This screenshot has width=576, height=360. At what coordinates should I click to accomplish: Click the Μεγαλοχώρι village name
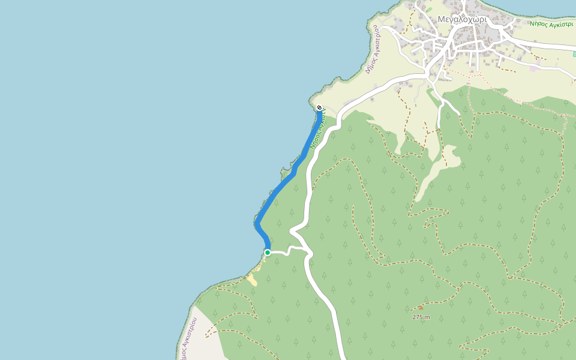click(x=461, y=19)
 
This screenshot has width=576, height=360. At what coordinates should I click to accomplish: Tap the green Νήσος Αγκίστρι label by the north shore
click(x=551, y=25)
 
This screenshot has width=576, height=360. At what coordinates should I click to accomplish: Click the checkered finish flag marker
click(x=319, y=108)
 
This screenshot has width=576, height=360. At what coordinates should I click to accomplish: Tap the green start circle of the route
click(x=268, y=253)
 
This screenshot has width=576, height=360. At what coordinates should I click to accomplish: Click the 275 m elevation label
click(x=421, y=317)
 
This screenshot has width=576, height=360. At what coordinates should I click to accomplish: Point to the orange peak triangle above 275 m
click(x=420, y=308)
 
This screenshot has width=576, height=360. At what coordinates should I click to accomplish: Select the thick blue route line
click(x=279, y=191)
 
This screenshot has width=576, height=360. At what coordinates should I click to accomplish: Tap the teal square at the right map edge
click(x=574, y=54)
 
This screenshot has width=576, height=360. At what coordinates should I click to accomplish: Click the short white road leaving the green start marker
click(x=279, y=253)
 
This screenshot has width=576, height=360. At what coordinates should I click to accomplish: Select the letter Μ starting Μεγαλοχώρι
click(x=441, y=19)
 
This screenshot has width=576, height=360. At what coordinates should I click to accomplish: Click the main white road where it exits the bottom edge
click(x=340, y=357)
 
